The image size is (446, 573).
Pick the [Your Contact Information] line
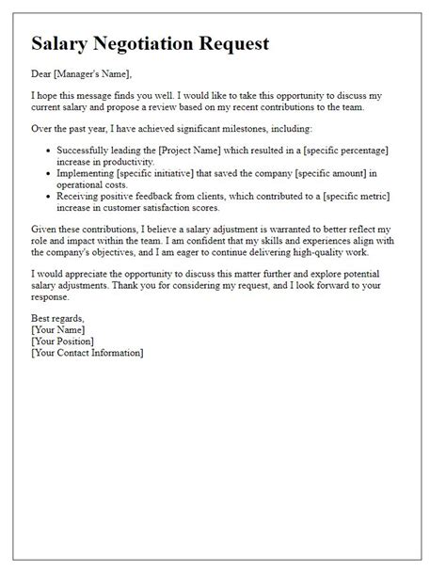[x=87, y=354]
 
